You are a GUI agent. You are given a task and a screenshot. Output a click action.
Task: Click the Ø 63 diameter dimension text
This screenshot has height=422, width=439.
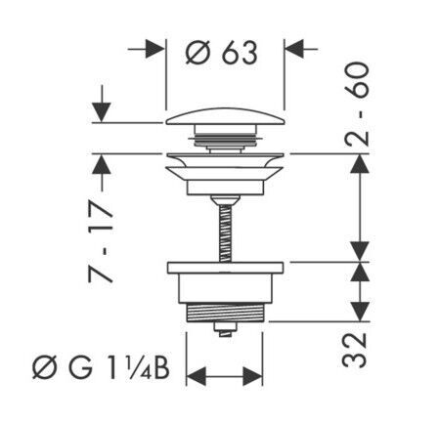coord(222,53)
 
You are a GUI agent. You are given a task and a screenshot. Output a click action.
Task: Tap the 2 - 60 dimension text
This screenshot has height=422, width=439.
coord(357,105)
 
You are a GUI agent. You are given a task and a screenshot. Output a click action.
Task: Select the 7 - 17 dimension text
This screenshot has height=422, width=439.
coord(101,241)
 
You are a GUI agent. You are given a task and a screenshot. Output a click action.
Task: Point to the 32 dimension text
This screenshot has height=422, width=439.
coord(355,350)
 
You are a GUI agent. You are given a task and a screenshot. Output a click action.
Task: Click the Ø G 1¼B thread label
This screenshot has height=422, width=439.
coord(101,369)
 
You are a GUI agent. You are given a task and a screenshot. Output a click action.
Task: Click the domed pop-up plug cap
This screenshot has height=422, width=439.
coord(225,116)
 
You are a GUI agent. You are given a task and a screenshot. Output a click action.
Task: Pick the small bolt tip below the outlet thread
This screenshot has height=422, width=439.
coord(225,330)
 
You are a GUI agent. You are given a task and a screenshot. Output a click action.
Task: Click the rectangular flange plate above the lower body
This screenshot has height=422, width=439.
coord(225,268)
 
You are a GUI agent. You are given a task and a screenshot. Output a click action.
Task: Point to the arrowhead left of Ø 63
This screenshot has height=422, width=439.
coord(154,49)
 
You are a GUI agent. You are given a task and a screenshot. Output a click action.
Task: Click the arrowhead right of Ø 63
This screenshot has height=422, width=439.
coord(294,49)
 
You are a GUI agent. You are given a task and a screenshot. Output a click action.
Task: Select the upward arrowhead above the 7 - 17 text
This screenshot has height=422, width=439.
coord(102,164)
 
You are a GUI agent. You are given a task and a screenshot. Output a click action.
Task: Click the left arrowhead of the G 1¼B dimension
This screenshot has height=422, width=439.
coord(197,376)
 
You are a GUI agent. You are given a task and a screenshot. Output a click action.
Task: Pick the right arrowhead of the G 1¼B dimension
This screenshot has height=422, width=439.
coord(252,376)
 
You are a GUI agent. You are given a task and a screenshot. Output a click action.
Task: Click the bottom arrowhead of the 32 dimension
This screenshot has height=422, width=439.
coord(360,312)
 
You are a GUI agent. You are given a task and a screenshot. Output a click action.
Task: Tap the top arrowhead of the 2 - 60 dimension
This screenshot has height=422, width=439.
coord(360,164)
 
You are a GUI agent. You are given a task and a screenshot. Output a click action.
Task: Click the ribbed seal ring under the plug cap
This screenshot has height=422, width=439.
coord(225,141)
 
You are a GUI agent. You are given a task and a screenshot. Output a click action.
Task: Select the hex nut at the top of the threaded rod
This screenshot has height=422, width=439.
coord(225,200)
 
